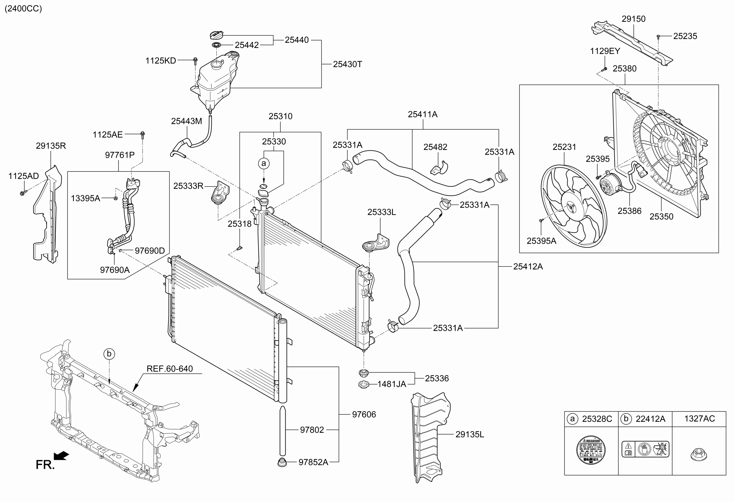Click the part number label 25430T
point(347,64)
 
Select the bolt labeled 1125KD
point(195,60)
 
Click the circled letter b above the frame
point(109,354)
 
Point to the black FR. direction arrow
point(61,455)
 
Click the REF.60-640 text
point(170,369)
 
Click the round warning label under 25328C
point(591,450)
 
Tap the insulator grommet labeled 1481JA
point(364,384)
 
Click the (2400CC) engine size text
point(23,8)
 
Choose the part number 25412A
point(527,267)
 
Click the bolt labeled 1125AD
point(22,192)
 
